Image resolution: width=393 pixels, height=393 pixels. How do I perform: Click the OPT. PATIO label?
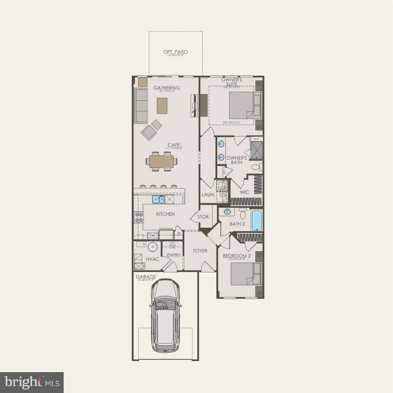click(175, 52)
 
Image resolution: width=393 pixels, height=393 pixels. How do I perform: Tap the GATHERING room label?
click(167, 88)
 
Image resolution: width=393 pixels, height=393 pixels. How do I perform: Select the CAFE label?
click(174, 145)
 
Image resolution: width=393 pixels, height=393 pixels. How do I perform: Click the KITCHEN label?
click(165, 214)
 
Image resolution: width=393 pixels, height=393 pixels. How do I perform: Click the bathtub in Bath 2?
click(257, 221)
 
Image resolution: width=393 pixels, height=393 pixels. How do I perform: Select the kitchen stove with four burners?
click(139, 217)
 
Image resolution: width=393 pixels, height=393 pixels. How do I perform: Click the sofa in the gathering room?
click(141, 106)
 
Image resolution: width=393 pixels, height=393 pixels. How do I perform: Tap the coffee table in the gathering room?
click(162, 105)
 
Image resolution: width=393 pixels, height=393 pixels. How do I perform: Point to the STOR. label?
click(203, 217)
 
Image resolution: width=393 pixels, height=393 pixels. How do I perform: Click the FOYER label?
click(200, 251)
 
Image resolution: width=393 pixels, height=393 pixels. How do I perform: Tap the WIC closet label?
click(244, 192)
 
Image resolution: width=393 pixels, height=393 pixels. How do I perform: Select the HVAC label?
click(152, 259)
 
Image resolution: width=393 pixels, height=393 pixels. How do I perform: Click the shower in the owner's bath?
click(256, 150)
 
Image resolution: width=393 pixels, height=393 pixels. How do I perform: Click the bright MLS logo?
click(32, 382)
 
